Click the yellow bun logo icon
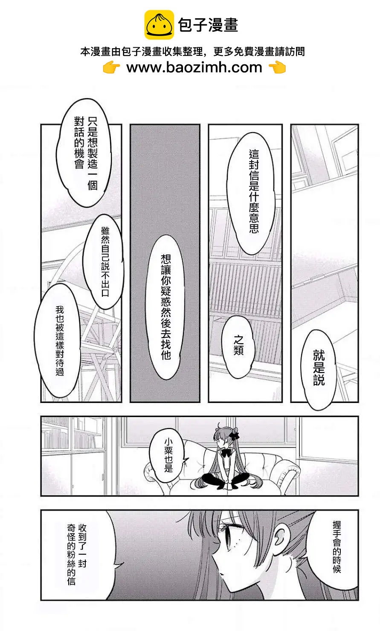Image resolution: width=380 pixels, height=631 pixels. click(159, 25)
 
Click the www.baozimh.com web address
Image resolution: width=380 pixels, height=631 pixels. click(194, 67)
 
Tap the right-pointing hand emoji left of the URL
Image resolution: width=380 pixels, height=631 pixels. click(112, 67)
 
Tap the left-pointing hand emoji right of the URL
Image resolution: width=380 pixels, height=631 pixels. click(278, 67)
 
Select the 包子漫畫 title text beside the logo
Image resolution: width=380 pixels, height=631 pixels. click(208, 25)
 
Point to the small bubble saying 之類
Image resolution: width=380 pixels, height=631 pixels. click(238, 346)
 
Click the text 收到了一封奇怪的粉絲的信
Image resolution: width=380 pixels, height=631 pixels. click(77, 554)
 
